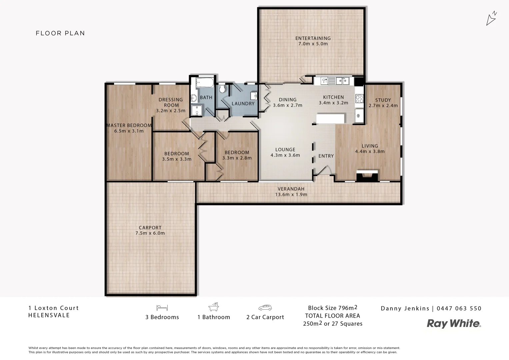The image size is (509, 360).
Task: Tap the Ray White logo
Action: (x=454, y=323)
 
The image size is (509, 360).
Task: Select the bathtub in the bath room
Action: (x=205, y=83)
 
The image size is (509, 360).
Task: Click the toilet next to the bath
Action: (x=223, y=89)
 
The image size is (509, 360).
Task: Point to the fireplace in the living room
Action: (x=367, y=176)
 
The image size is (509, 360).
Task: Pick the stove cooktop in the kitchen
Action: (x=359, y=99)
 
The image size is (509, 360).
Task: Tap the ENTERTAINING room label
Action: (x=313, y=38)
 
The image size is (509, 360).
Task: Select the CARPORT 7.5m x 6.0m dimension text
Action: (x=150, y=233)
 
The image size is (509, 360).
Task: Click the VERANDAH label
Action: (x=291, y=189)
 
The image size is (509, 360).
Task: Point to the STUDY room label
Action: (x=383, y=100)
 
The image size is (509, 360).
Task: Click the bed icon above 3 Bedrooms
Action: (x=162, y=307)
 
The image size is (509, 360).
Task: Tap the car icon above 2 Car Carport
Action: (x=265, y=307)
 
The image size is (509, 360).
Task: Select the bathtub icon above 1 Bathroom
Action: (x=214, y=307)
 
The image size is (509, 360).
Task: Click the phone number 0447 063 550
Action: (x=459, y=308)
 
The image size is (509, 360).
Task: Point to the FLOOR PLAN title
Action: (x=60, y=33)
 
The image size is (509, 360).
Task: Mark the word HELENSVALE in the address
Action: (x=49, y=315)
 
